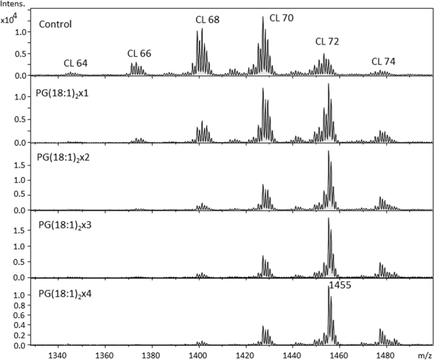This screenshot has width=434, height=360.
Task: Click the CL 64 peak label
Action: pyautogui.click(x=76, y=63)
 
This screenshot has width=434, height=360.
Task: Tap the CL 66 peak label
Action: pyautogui.click(x=139, y=53)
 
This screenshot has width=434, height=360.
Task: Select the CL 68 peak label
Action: pyautogui.click(x=207, y=20)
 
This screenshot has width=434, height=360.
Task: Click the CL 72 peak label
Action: pyautogui.click(x=327, y=41)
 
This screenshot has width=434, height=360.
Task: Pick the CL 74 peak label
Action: pyautogui.click(x=384, y=61)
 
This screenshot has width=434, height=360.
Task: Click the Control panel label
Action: pyautogui.click(x=55, y=25)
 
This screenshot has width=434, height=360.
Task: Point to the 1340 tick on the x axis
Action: pyautogui.click(x=57, y=355)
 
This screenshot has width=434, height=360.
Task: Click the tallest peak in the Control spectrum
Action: pyautogui.click(x=263, y=18)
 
